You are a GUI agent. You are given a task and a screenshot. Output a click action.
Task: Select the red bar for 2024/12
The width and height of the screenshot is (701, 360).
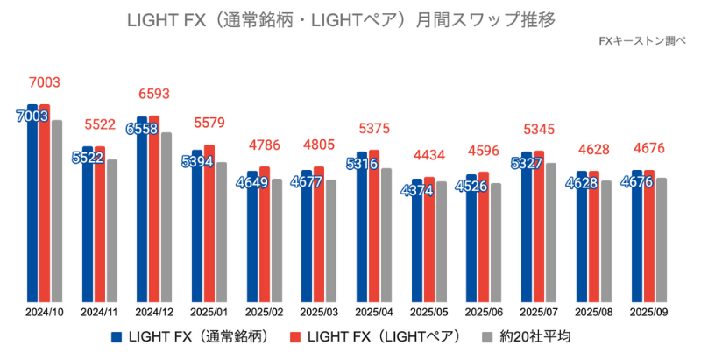[x=154, y=210]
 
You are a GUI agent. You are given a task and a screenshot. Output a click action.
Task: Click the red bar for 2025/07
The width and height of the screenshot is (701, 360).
[x=539, y=228]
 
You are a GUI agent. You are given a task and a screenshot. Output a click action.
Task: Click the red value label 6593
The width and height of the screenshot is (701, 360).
[x=154, y=94]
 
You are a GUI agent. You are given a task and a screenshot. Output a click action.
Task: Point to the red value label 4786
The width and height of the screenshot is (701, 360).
[x=264, y=145]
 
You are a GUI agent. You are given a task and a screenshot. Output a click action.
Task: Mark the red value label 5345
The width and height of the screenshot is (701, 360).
[x=538, y=130]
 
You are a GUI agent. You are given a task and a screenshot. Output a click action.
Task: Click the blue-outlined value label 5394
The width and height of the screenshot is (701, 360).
[x=197, y=162]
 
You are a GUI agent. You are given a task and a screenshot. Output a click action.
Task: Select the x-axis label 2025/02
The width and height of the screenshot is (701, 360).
[x=264, y=311]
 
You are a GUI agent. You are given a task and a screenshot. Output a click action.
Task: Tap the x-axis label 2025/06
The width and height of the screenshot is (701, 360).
[x=483, y=311]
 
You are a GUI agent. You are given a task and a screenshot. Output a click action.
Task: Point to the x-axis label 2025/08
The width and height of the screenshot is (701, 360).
[x=593, y=311]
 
